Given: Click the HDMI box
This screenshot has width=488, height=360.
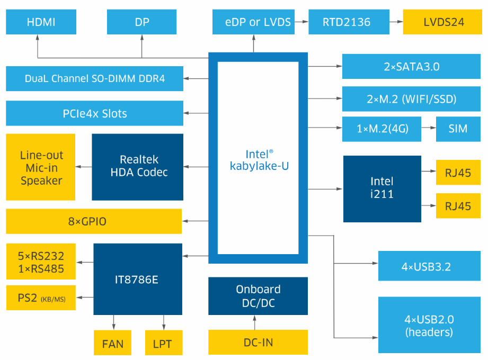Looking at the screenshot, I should pos(41,22).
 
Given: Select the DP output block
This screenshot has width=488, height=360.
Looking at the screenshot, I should pos(141,22).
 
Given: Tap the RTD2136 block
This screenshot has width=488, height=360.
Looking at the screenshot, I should pos(347,22).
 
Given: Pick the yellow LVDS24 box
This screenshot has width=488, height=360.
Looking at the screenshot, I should pos(443,22).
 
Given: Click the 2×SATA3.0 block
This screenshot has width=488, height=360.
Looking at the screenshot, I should pos(411,67).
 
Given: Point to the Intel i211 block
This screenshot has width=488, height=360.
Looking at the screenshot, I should pos(382,188).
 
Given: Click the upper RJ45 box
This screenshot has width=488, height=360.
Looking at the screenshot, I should pos(458,172).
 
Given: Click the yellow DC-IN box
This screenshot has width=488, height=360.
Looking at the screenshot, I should pos(258,343).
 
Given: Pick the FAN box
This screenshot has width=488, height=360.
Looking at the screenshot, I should pos(112,344).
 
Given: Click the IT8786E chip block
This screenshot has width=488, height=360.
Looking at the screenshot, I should pos(137,279).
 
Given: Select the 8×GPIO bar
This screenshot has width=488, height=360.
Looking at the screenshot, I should pos(94,221).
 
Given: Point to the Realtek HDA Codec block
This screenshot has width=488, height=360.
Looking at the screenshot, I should pos(137,166).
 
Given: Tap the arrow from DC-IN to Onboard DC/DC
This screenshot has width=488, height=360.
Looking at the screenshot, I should pos(254,322).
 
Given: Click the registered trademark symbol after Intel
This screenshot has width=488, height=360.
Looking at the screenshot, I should pos(271,151).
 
